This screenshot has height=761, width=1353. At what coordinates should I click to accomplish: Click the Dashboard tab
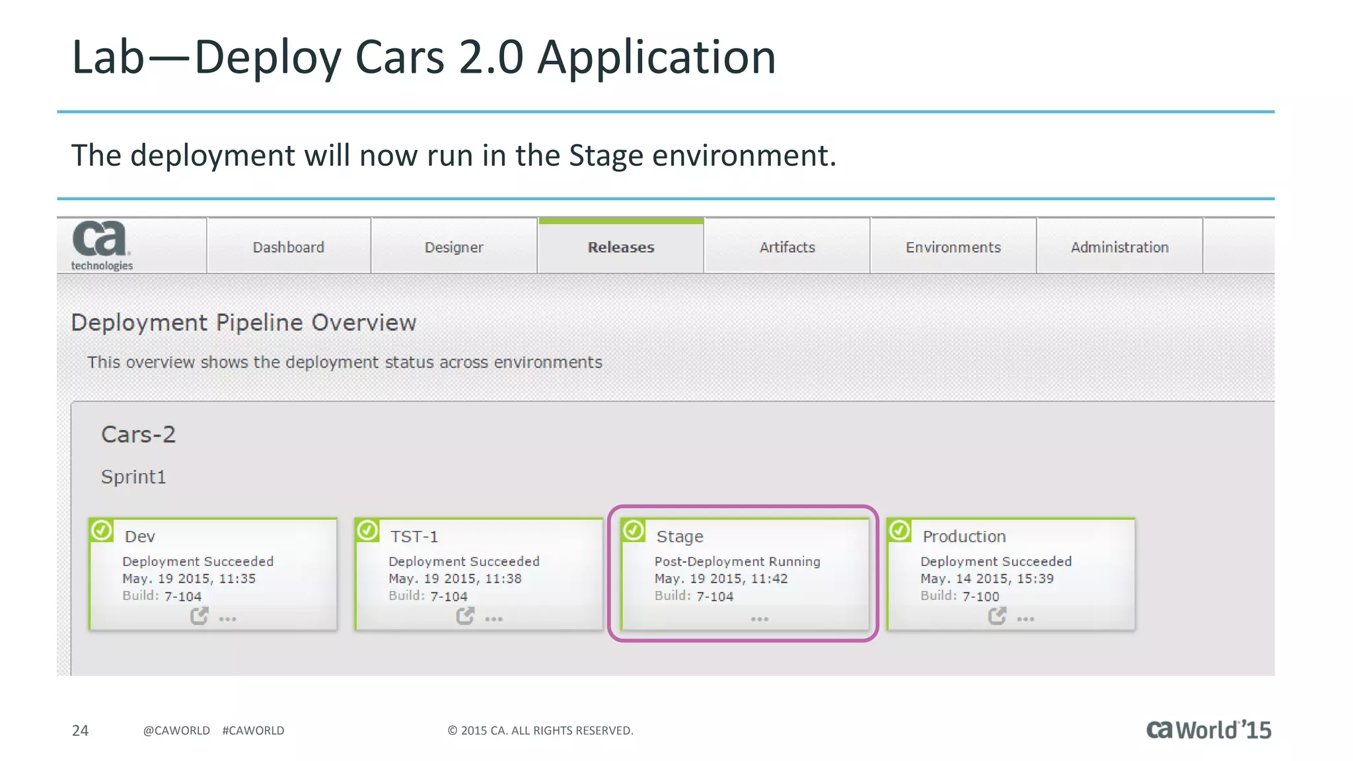click(289, 247)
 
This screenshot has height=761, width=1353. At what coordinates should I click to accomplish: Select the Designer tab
click(454, 247)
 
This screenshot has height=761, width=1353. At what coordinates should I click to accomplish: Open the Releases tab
click(621, 247)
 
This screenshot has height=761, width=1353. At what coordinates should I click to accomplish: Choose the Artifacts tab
click(787, 247)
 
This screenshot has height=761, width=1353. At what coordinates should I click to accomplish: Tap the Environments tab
click(953, 247)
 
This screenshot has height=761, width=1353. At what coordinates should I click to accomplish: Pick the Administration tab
click(1119, 247)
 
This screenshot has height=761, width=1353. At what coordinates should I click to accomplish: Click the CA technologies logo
click(101, 245)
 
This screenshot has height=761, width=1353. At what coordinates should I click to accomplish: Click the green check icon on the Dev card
click(102, 530)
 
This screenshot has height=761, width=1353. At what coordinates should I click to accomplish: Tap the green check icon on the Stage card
click(634, 530)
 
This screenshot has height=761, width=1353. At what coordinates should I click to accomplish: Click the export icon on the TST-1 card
click(465, 616)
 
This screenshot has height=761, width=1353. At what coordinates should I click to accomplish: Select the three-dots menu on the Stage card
click(760, 619)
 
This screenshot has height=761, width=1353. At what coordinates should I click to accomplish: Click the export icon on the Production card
click(997, 616)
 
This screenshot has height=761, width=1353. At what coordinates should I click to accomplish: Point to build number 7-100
click(980, 597)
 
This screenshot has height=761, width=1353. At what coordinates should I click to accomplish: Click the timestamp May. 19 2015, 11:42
click(721, 579)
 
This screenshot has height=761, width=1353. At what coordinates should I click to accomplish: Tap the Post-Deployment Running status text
click(737, 562)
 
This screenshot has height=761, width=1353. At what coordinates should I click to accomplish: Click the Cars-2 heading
click(138, 435)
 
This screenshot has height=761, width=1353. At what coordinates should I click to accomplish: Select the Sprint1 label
click(133, 477)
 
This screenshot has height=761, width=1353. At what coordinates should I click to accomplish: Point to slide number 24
click(80, 730)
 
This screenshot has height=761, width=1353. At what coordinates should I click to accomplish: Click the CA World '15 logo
click(1208, 729)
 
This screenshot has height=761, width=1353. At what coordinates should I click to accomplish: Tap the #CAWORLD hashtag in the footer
click(253, 730)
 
